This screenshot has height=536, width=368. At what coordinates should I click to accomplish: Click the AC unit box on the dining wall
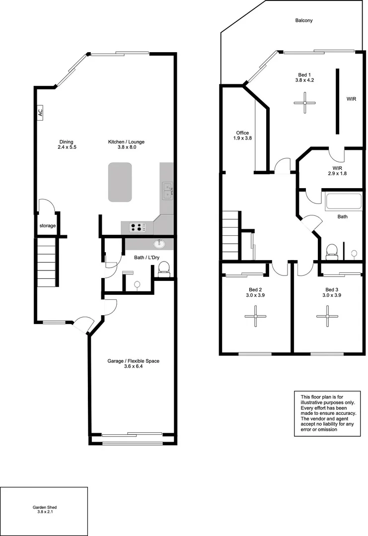(x=40, y=113)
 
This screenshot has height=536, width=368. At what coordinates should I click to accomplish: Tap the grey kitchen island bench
(x=120, y=182)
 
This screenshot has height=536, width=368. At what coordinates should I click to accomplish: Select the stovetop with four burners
(x=138, y=227)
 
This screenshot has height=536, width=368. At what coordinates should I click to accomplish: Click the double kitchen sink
(x=167, y=190)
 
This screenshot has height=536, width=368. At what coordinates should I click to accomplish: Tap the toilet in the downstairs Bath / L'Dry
(x=163, y=268)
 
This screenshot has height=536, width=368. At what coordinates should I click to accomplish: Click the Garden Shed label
(x=45, y=510)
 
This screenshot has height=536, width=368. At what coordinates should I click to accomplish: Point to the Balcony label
(x=303, y=20)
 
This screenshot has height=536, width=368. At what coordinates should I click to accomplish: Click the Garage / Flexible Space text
(x=134, y=364)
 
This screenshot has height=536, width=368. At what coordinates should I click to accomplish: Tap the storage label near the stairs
(x=48, y=226)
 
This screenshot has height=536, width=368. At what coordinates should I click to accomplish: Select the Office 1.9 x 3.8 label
(x=242, y=135)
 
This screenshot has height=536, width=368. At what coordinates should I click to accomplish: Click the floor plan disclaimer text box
(x=327, y=413)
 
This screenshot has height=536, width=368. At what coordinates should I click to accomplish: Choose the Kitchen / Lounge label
(x=126, y=144)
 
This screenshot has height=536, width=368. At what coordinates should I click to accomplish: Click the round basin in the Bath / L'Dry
(x=159, y=244)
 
